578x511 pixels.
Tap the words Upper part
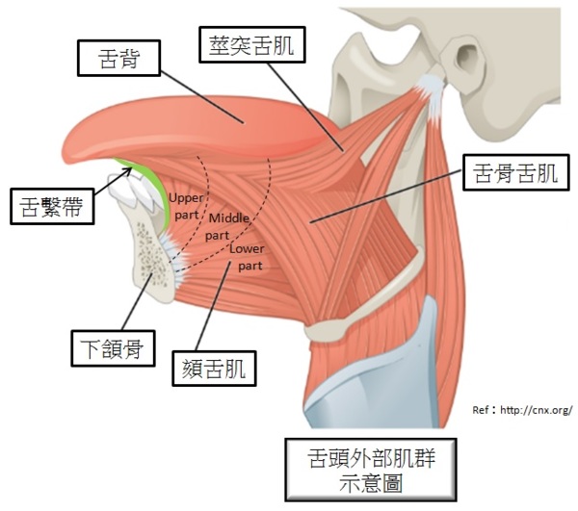[x=185, y=204]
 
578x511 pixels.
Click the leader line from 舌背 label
[x=202, y=96]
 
